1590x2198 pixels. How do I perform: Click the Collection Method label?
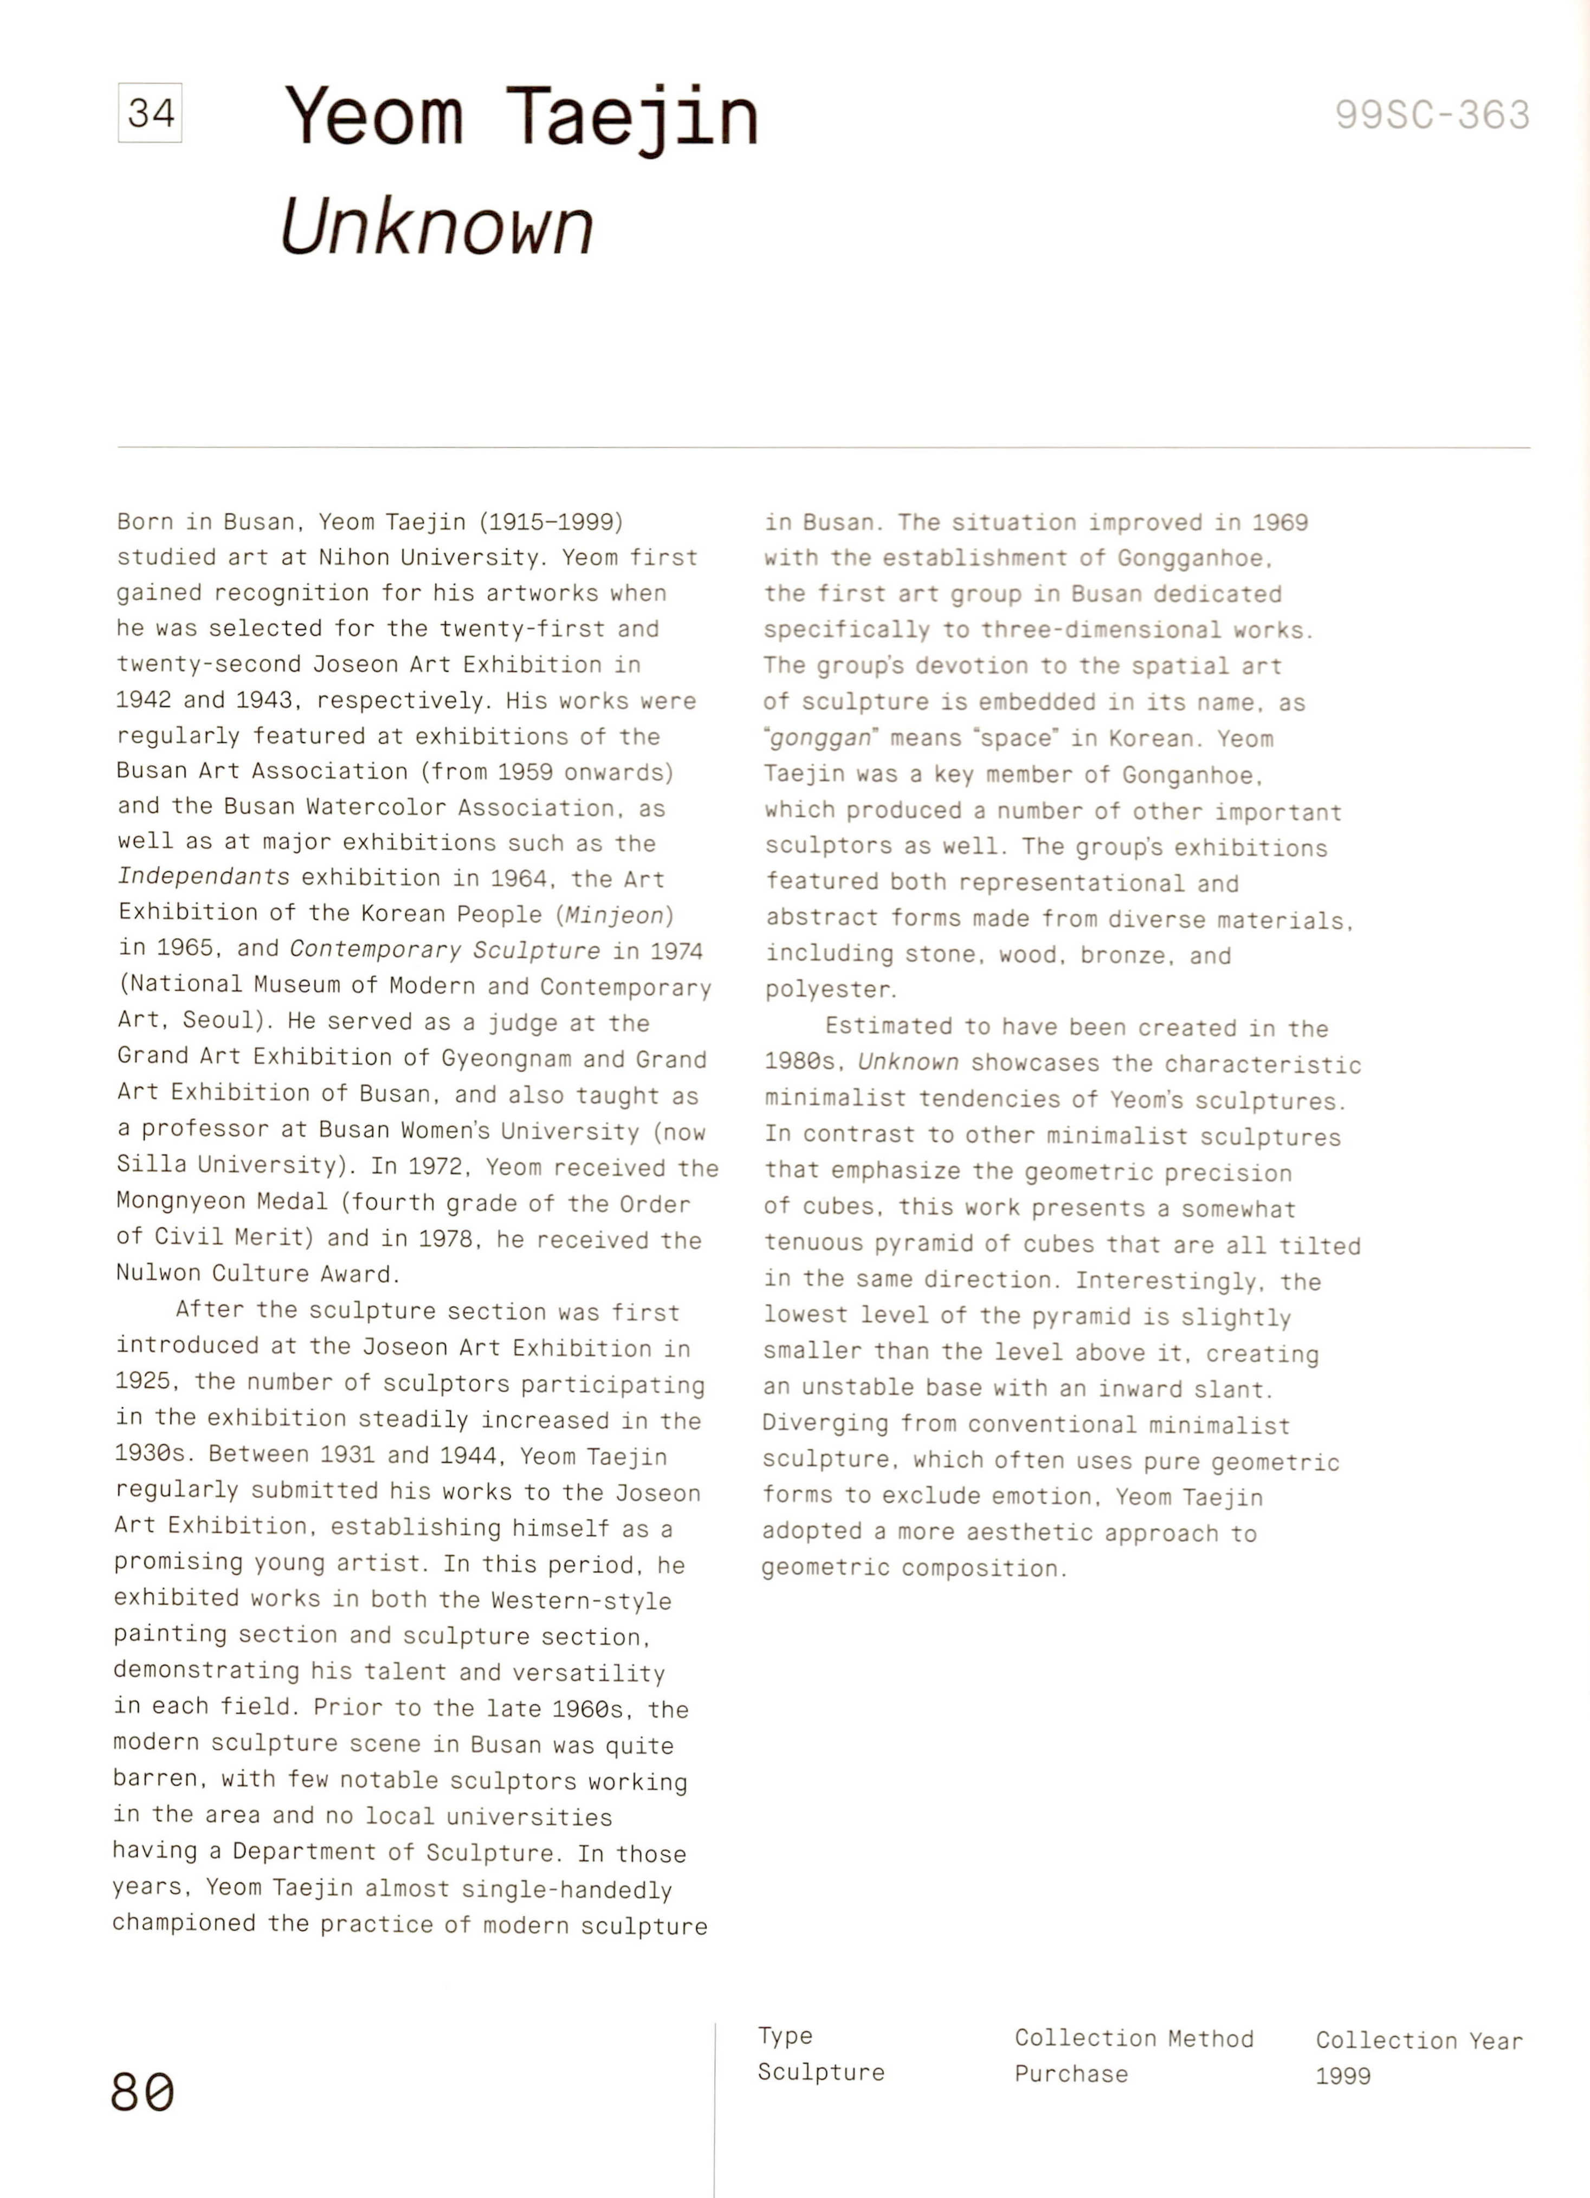pyautogui.click(x=1134, y=2038)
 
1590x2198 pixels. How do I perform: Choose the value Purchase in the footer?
pyautogui.click(x=1071, y=2074)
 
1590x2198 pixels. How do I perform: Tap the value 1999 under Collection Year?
pyautogui.click(x=1343, y=2076)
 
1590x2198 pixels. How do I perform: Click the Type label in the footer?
pyautogui.click(x=785, y=2036)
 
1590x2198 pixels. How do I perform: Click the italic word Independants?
pyautogui.click(x=203, y=877)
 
